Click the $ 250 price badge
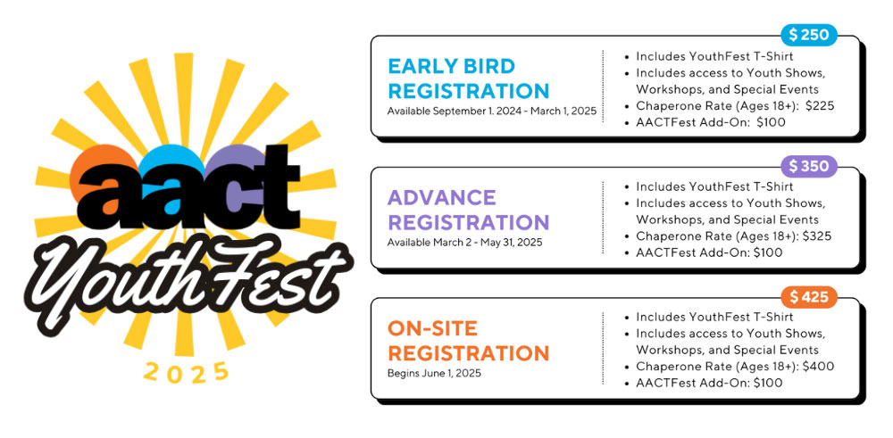[x=809, y=35]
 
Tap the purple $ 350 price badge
[x=808, y=166]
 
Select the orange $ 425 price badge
[x=808, y=297]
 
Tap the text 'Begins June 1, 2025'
[x=434, y=373]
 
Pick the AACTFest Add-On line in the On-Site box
[x=709, y=383]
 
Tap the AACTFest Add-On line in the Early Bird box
[x=711, y=122]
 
